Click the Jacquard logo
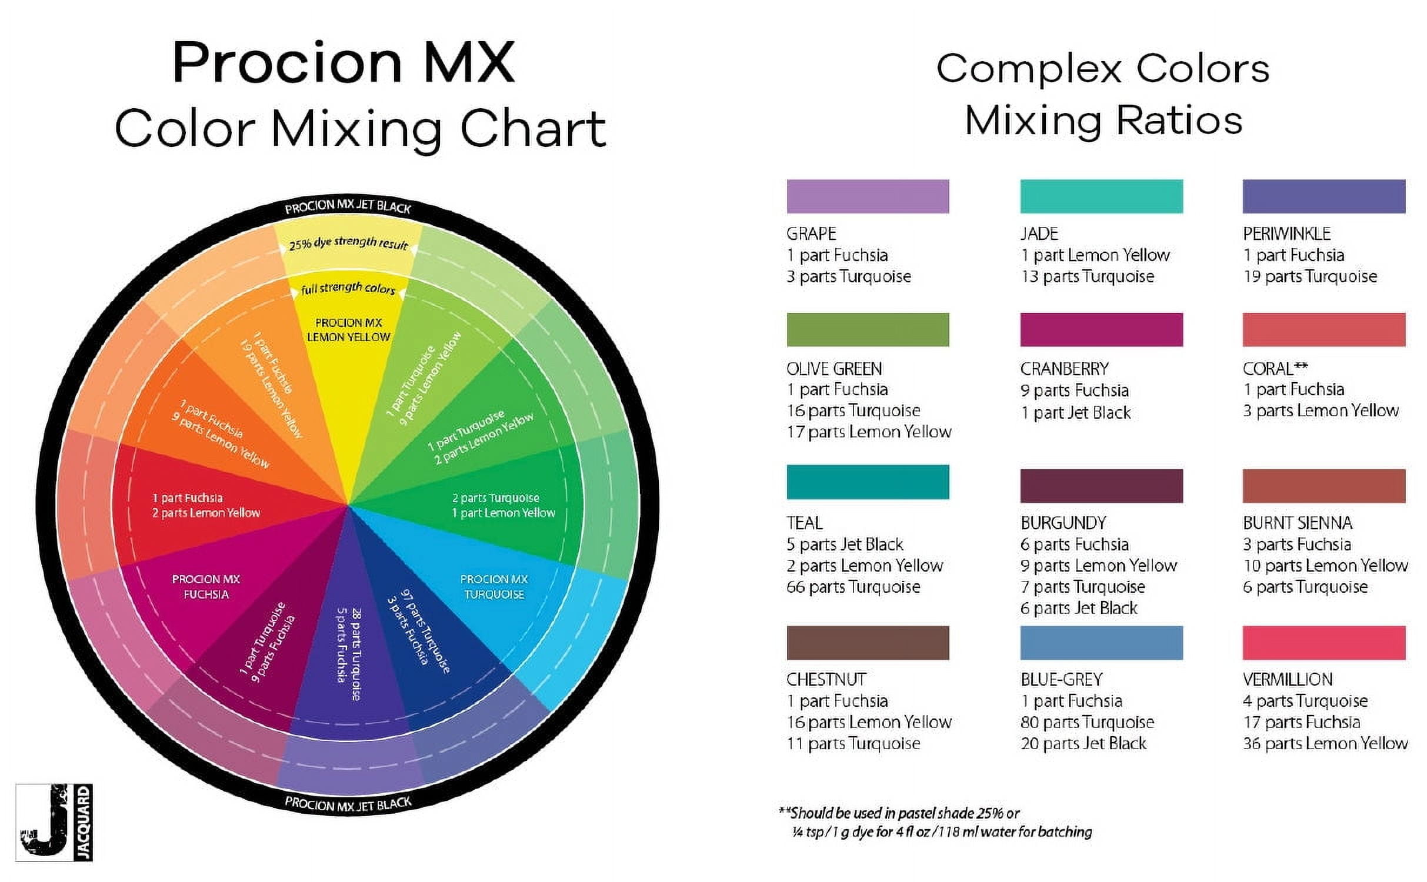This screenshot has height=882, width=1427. click(x=54, y=822)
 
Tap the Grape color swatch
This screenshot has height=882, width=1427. click(x=868, y=196)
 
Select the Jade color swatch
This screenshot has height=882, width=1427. click(x=1101, y=196)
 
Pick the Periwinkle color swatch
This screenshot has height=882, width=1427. click(x=1323, y=196)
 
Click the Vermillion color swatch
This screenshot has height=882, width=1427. click(x=1323, y=643)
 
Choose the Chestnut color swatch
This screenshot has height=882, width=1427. click(x=868, y=643)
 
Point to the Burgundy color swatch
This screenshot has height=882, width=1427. click(x=1101, y=486)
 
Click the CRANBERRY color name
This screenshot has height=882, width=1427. click(x=1064, y=369)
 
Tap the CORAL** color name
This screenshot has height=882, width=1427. click(x=1275, y=369)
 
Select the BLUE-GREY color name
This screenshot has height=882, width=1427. click(x=1061, y=679)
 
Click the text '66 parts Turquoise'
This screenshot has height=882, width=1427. click(x=853, y=587)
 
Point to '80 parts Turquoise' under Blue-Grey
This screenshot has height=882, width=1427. click(x=1087, y=721)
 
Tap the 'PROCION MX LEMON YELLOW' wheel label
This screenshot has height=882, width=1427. click(x=348, y=330)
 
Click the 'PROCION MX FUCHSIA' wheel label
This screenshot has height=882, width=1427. click(x=206, y=586)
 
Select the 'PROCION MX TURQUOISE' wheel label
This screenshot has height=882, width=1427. click(x=494, y=586)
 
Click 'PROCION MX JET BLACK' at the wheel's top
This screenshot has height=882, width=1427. click(x=348, y=207)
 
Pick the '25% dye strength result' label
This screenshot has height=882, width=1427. click(x=348, y=242)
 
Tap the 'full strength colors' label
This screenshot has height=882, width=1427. click(x=348, y=288)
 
